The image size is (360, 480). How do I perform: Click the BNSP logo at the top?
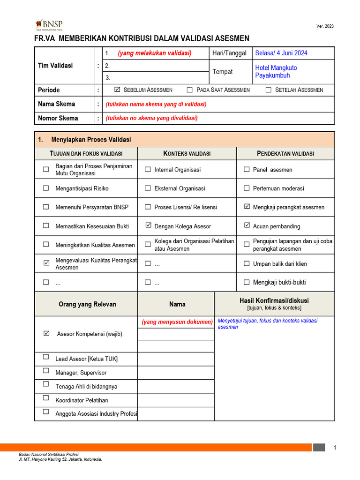click(49, 25)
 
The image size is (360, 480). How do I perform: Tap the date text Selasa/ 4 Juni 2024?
click(281, 53)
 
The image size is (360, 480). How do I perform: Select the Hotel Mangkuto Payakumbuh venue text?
click(276, 72)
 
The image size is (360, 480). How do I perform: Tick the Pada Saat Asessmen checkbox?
click(189, 90)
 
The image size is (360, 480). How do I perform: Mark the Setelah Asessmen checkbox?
click(268, 90)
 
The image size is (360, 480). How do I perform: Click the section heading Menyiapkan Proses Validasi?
click(91, 140)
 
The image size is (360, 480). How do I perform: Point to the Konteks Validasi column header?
click(187, 154)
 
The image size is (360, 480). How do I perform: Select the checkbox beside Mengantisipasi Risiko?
click(46, 188)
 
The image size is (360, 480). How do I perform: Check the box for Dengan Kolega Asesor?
click(148, 226)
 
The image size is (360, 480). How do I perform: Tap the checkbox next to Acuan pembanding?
click(247, 226)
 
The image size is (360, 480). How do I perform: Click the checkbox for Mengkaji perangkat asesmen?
click(247, 207)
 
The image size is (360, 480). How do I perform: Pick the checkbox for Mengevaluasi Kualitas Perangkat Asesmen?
click(46, 263)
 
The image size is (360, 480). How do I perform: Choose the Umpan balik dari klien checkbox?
click(247, 264)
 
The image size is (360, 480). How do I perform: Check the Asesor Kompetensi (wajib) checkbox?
click(46, 334)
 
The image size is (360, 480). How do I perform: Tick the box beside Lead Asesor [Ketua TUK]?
click(46, 357)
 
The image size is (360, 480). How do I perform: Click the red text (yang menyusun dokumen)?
click(177, 322)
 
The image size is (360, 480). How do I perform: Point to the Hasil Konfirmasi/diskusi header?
click(274, 301)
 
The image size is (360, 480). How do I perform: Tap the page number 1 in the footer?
click(335, 448)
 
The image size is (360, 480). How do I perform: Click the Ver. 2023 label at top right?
click(325, 26)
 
